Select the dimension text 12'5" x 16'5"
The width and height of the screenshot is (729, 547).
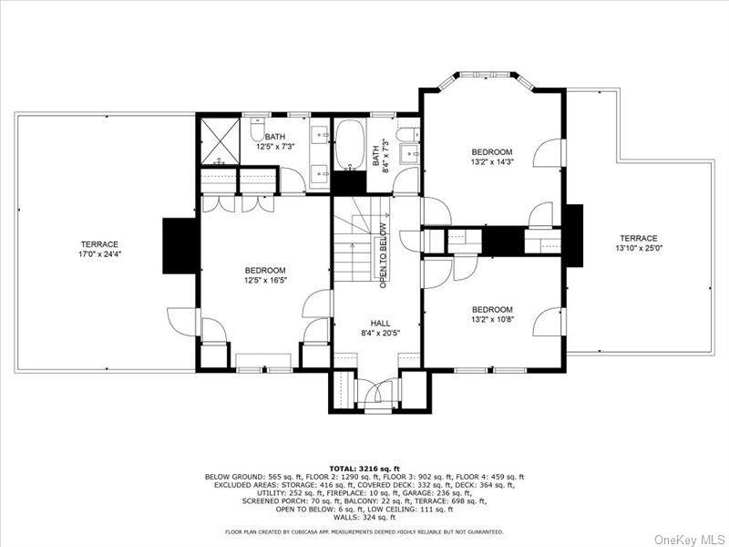[265, 281]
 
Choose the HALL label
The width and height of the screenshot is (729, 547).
[380, 323]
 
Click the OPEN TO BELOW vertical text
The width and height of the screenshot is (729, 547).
[384, 255]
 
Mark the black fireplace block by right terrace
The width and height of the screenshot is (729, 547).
[573, 235]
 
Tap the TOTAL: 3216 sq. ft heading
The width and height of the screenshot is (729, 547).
[364, 468]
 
